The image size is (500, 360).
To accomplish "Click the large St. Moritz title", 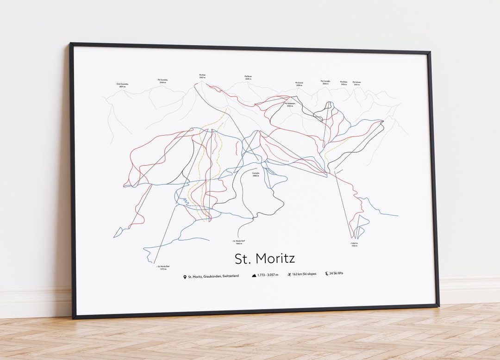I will click(x=264, y=258).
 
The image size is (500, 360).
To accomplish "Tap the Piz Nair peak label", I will click(x=202, y=76).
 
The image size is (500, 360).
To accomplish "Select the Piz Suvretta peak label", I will click(x=162, y=81).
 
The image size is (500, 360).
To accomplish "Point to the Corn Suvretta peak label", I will click(x=122, y=85).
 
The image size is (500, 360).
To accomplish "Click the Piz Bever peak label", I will click(x=248, y=77).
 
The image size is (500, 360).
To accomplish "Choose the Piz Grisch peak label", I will click(x=299, y=84).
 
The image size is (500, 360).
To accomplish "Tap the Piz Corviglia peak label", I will click(x=325, y=82).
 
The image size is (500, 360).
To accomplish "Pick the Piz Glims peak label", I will click(x=344, y=83).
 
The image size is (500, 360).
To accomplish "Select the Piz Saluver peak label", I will click(x=356, y=83).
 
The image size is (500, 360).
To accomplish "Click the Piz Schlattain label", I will click(x=290, y=105).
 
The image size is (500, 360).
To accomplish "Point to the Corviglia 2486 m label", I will click(x=256, y=175).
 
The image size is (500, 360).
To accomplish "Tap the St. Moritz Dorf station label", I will click(x=239, y=242).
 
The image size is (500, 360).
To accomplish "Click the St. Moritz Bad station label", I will click(x=163, y=267).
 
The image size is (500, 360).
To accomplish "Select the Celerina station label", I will click(x=354, y=244).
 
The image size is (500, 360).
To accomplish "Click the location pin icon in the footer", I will click(x=185, y=277).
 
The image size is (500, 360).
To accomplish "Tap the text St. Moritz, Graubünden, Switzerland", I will click(x=213, y=276).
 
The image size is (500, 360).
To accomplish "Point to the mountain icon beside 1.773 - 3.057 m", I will click(x=254, y=275).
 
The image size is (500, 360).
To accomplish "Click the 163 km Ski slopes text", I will click(x=305, y=274).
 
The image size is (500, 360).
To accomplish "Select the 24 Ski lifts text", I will click(x=337, y=274).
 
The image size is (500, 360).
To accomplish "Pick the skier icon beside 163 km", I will click(x=289, y=274).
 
